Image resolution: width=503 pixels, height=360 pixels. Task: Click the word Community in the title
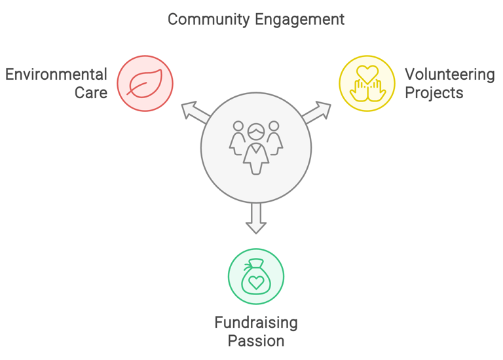[x=208, y=20]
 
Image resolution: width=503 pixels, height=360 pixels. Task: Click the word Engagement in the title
[x=300, y=20]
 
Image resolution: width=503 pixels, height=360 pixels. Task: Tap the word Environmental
[x=56, y=75]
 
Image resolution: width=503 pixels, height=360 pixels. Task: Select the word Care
[x=91, y=93]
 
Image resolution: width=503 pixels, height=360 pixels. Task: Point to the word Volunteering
[x=450, y=75]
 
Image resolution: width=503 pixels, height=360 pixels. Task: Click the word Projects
[x=434, y=94]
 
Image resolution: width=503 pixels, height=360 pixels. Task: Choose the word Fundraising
[x=256, y=323]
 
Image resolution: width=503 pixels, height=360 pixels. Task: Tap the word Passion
[x=256, y=341]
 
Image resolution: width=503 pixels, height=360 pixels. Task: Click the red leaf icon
[x=145, y=83]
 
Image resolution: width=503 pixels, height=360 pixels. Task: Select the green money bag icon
[x=255, y=276]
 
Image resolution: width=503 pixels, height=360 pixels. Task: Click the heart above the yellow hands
[x=367, y=74]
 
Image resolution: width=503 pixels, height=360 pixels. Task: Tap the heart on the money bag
[x=256, y=282]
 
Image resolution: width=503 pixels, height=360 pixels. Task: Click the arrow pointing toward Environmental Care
[x=196, y=112]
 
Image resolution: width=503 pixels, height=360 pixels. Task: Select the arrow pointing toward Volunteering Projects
[x=316, y=112]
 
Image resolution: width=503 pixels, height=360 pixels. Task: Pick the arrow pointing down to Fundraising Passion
[x=256, y=219]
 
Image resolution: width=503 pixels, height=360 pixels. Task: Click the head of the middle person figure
[x=256, y=132]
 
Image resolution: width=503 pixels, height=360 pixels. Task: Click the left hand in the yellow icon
[x=358, y=91]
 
